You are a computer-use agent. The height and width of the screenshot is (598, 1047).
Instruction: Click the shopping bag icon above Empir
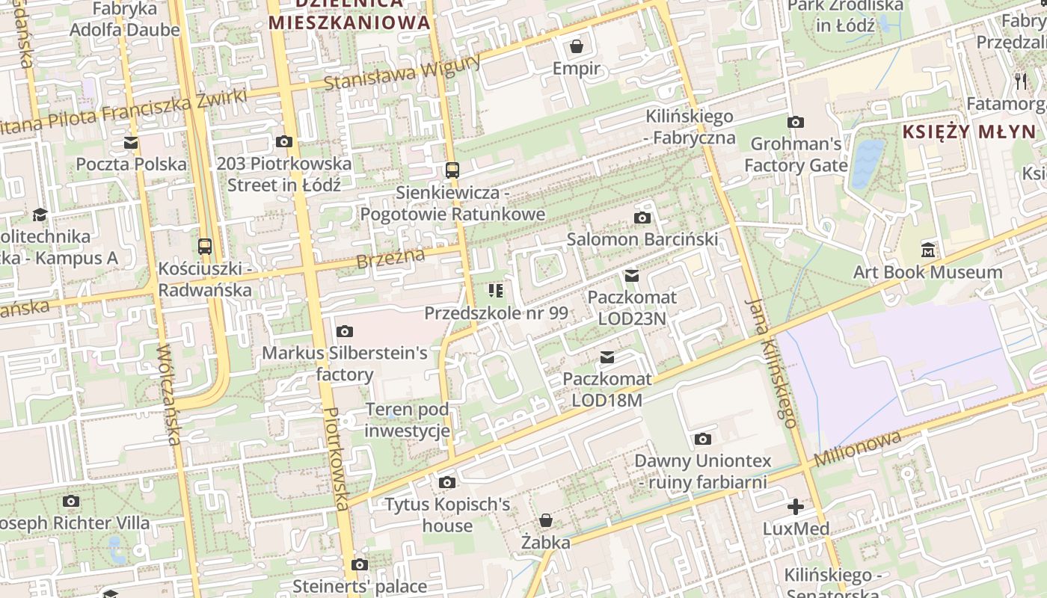577,47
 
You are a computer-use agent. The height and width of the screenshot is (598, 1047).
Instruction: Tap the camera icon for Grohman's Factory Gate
796,122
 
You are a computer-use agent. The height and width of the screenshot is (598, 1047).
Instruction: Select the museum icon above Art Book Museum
928,250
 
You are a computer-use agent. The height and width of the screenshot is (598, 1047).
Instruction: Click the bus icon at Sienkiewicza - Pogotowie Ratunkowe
452,170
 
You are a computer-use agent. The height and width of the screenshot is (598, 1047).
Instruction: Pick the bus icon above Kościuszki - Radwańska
205,246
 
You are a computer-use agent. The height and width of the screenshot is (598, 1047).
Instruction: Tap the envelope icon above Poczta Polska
131,142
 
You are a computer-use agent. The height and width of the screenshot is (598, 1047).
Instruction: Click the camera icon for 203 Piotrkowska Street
284,141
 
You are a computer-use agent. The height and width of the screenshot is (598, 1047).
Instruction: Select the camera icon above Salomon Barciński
642,218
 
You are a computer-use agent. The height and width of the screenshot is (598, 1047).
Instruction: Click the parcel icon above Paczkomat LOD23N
632,276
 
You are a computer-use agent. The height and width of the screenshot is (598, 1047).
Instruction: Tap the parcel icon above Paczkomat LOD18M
607,357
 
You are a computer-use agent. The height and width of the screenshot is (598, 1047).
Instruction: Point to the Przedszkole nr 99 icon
496,290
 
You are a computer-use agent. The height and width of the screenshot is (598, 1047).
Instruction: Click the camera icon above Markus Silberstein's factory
344,331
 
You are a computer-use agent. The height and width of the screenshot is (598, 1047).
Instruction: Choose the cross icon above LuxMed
796,507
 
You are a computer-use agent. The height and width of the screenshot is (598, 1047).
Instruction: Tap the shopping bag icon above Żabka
546,520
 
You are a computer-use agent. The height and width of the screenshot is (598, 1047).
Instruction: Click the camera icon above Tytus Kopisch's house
447,483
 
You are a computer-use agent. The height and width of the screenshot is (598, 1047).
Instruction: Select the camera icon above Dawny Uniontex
702,439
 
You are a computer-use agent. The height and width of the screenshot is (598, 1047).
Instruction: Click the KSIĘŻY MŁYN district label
969,132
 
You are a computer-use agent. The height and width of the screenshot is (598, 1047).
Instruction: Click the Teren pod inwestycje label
408,420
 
